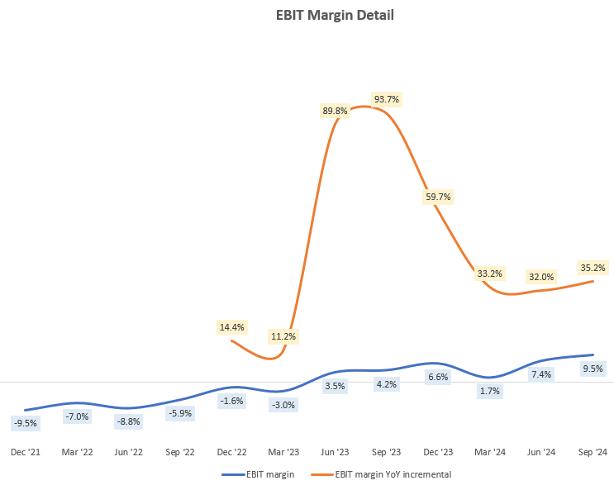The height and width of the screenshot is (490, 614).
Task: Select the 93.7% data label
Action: point(386,99)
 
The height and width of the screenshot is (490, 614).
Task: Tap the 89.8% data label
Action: point(335,110)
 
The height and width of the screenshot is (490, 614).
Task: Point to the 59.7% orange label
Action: point(438,197)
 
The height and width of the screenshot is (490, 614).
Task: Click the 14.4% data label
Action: point(231,326)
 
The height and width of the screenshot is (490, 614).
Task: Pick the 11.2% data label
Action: point(283,336)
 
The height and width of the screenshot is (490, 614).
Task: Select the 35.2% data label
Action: point(593,268)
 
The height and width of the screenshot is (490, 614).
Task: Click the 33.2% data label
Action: point(489,273)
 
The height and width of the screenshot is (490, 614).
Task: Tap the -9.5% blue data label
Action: point(26,423)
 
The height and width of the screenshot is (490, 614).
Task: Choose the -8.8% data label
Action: point(129,421)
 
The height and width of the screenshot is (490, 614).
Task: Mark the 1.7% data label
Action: point(489,391)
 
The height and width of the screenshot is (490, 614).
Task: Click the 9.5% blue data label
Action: point(593,369)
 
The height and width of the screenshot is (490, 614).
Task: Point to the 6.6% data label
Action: point(438,377)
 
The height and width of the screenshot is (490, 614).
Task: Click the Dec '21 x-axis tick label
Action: point(26,452)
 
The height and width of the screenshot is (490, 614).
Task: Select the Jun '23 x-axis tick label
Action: point(335,452)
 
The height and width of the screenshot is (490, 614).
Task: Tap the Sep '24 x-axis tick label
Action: point(593,452)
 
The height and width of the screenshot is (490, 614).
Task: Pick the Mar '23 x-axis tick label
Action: point(283,452)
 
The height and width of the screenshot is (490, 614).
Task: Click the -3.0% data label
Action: point(283,405)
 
